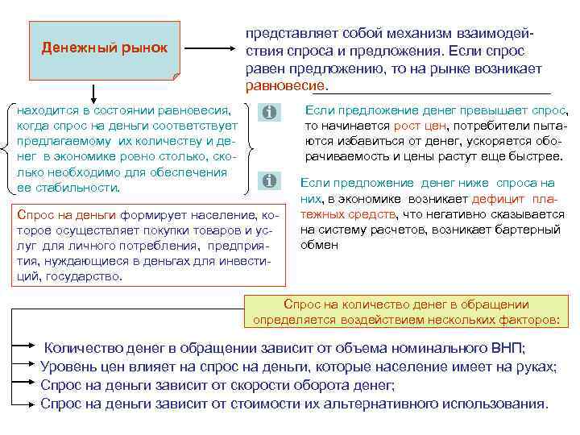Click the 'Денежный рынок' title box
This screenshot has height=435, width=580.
coord(104,49)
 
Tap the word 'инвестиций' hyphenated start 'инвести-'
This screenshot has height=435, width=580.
coord(246,262)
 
